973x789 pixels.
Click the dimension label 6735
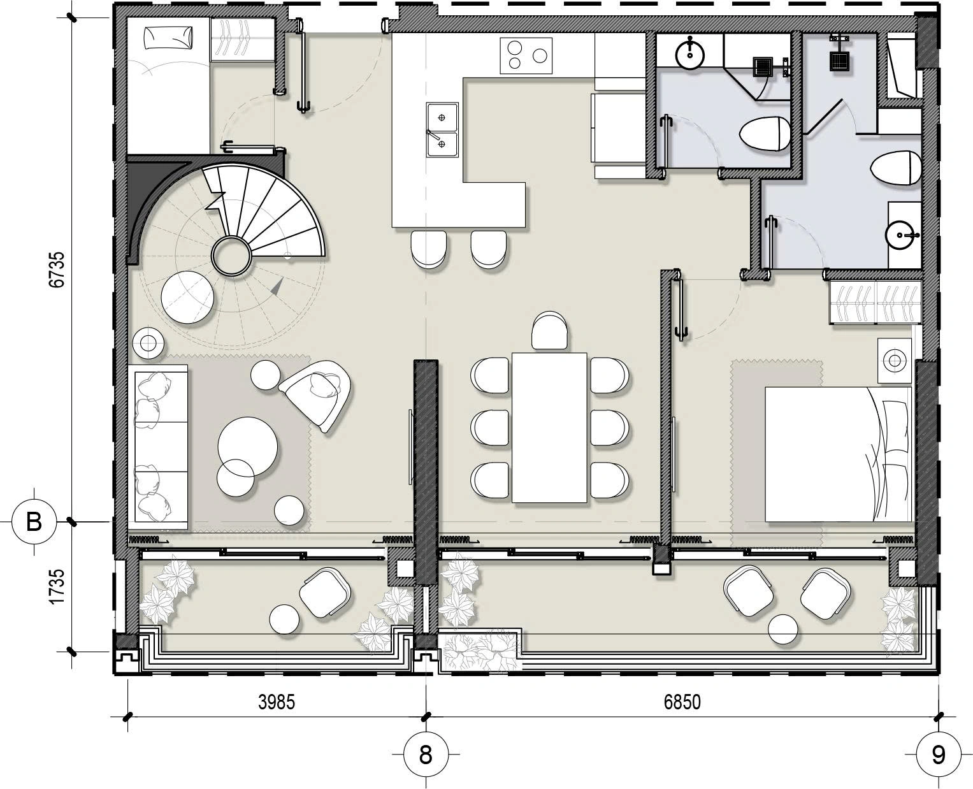pyautogui.click(x=57, y=270)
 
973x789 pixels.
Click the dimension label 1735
pyautogui.click(x=57, y=587)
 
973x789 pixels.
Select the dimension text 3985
pyautogui.click(x=277, y=702)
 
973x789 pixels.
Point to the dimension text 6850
pyautogui.click(x=682, y=702)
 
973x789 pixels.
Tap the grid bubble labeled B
pyautogui.click(x=34, y=522)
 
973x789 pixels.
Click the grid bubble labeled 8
pyautogui.click(x=426, y=755)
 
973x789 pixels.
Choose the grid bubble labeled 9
pyautogui.click(x=939, y=755)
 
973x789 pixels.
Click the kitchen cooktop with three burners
pyautogui.click(x=526, y=55)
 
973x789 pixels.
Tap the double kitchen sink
pyautogui.click(x=442, y=130)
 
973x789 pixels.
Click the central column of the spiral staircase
pyautogui.click(x=231, y=256)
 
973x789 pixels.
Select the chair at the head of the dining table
pyautogui.click(x=550, y=331)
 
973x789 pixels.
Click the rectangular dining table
pyautogui.click(x=549, y=428)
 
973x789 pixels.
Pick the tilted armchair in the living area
pyautogui.click(x=317, y=395)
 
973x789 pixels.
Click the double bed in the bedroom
pyautogui.click(x=839, y=454)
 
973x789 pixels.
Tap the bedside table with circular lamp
pyautogui.click(x=894, y=361)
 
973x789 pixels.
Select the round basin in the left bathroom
pyautogui.click(x=690, y=54)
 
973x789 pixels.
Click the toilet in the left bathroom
pyautogui.click(x=764, y=133)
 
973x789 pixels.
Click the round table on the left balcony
pyautogui.click(x=284, y=619)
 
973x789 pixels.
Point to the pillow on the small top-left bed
pyautogui.click(x=168, y=37)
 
